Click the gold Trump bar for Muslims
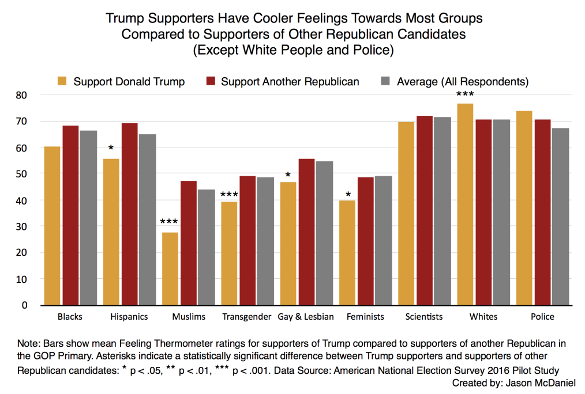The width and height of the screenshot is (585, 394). click(x=170, y=268)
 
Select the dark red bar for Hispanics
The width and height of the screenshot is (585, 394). click(x=130, y=214)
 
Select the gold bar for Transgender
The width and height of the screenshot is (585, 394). click(x=229, y=253)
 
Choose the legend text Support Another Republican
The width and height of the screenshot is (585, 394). click(x=290, y=81)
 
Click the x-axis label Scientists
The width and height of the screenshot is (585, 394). click(x=424, y=317)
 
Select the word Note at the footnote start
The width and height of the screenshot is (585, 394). click(x=29, y=343)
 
